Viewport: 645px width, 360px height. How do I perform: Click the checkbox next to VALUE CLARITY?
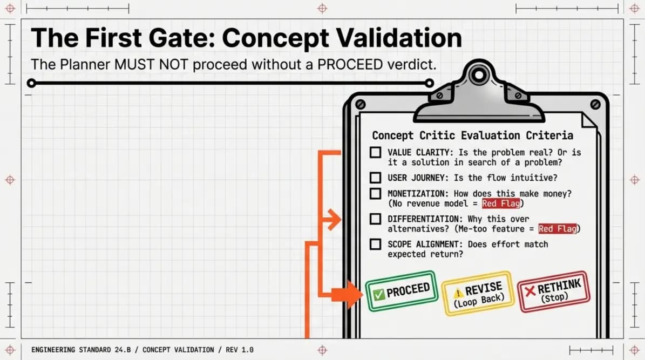pyautogui.click(x=375, y=153)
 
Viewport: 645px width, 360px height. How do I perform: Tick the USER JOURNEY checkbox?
pyautogui.click(x=375, y=178)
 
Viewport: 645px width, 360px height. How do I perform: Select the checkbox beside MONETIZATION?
pyautogui.click(x=375, y=193)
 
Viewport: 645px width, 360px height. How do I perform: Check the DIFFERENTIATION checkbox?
pyautogui.click(x=375, y=219)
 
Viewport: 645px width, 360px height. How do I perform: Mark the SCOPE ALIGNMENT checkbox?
pyautogui.click(x=375, y=244)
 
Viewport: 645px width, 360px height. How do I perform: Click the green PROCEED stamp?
pyautogui.click(x=401, y=291)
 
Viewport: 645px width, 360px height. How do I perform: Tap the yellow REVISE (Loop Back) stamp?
pyautogui.click(x=478, y=293)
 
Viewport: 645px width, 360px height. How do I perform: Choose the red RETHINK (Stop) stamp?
pyautogui.click(x=553, y=291)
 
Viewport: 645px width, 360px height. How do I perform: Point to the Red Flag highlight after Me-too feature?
pyautogui.click(x=558, y=229)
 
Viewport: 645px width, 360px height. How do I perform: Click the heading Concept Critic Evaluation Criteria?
pyautogui.click(x=473, y=135)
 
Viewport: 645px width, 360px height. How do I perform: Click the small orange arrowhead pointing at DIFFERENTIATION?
pyautogui.click(x=335, y=220)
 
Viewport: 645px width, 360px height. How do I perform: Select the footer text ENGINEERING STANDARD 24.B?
pyautogui.click(x=84, y=350)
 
